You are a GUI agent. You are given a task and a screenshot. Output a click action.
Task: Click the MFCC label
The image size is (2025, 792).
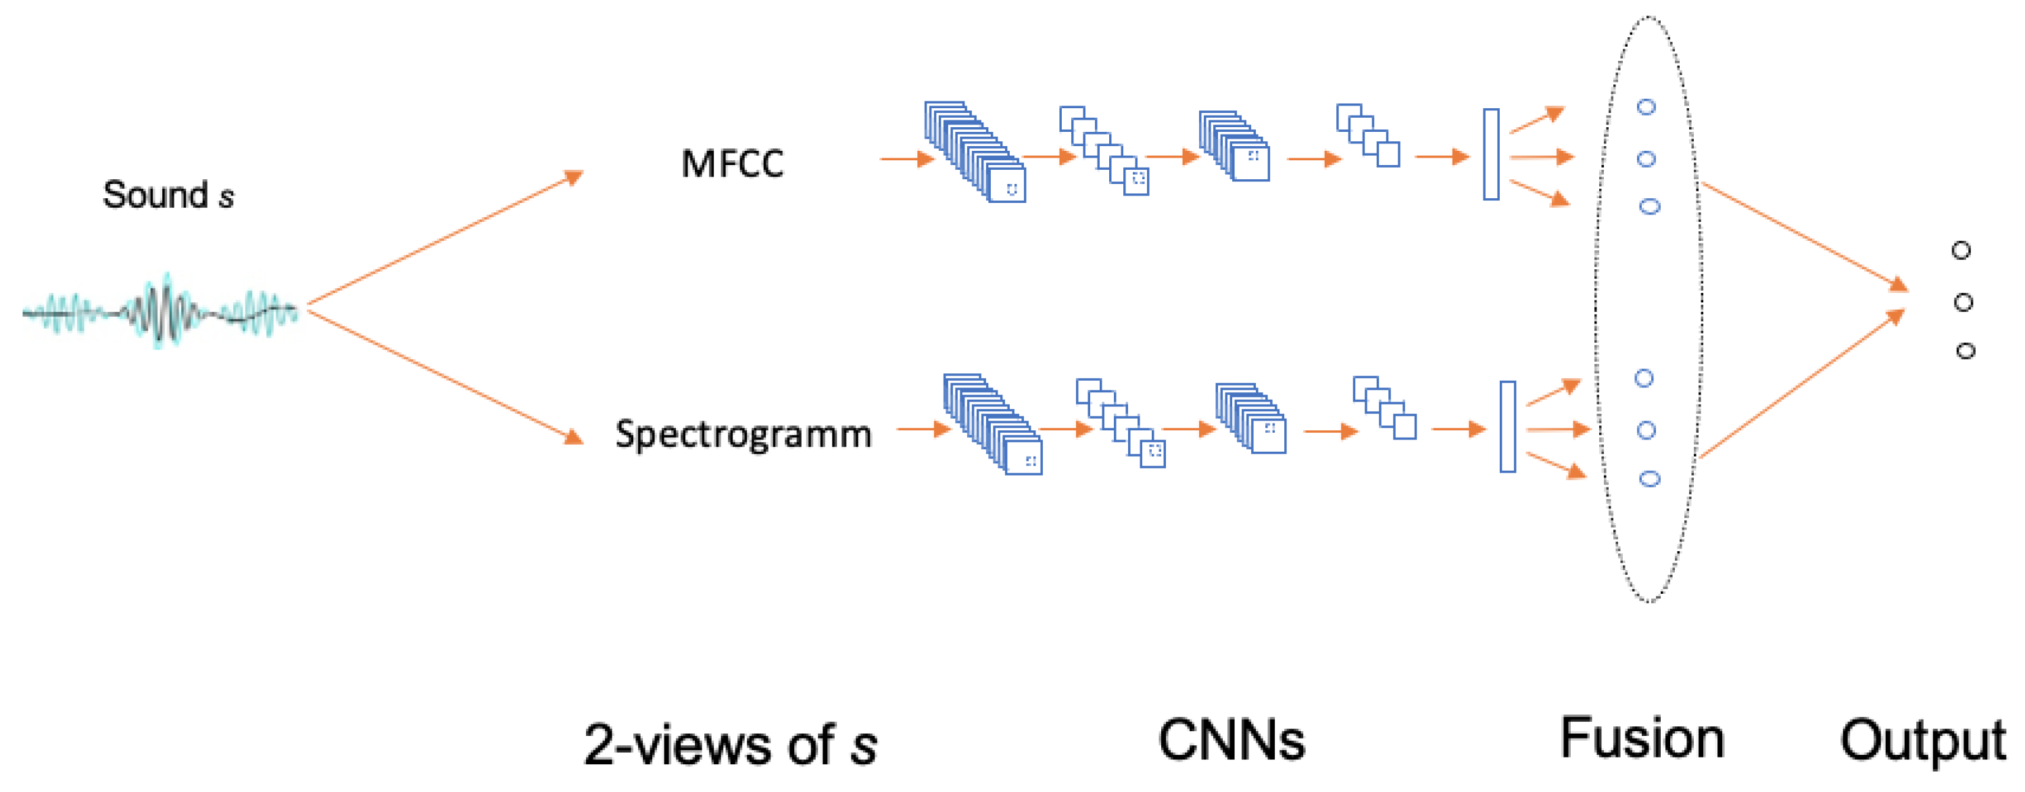(732, 164)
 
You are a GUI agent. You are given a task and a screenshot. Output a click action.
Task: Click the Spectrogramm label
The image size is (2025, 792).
(743, 434)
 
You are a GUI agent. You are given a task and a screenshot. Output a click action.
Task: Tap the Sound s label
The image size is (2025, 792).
(168, 194)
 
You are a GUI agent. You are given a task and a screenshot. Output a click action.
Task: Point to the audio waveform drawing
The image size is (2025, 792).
(160, 312)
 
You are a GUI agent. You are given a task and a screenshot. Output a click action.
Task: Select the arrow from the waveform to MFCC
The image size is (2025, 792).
(445, 238)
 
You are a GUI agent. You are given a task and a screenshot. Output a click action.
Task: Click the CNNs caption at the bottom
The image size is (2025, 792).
(1231, 740)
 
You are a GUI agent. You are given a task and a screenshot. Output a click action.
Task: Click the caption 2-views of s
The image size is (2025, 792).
(730, 744)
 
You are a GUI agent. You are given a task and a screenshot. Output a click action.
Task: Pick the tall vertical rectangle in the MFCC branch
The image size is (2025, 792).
(1490, 154)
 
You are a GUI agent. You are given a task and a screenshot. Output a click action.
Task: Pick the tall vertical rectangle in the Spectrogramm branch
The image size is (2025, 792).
(1507, 426)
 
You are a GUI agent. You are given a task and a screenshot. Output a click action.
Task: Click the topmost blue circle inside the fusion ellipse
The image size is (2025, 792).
(1646, 107)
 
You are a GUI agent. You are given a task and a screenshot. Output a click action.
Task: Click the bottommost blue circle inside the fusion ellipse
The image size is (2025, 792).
(1649, 479)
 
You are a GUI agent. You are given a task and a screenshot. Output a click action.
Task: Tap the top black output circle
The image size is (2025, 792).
(1961, 251)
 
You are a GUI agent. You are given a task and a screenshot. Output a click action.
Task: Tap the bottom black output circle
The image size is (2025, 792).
(1966, 351)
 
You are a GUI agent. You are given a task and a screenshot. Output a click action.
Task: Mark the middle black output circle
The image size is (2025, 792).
(1963, 303)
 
